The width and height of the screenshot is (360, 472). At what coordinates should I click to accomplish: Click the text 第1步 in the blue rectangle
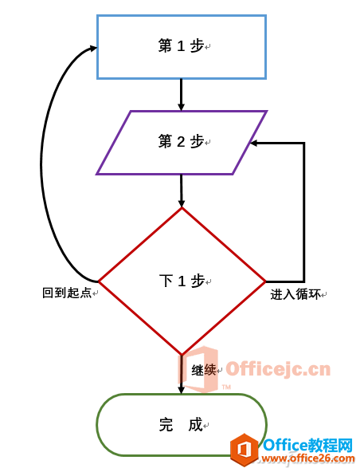click(x=181, y=46)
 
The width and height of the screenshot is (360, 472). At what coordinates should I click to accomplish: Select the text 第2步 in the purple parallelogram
click(x=181, y=141)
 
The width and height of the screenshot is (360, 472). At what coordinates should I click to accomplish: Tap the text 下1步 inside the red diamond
click(x=182, y=281)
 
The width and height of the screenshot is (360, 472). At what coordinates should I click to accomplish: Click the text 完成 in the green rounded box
click(x=181, y=424)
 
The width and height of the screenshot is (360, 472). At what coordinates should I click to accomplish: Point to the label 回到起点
click(x=67, y=293)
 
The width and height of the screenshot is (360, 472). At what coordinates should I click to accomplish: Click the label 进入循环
click(x=295, y=294)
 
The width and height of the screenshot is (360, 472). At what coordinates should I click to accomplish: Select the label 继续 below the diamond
click(x=204, y=370)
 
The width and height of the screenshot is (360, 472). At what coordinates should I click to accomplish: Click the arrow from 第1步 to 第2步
click(x=181, y=95)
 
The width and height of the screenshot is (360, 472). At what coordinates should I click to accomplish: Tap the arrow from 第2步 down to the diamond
click(x=181, y=191)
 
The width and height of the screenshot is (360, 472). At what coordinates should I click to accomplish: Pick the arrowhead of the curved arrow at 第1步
click(x=93, y=48)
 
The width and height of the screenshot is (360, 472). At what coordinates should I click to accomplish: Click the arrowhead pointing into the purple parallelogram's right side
click(x=254, y=144)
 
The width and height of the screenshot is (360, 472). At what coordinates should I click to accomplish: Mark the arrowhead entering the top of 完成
click(x=181, y=390)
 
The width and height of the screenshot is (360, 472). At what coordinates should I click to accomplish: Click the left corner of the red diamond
click(x=99, y=281)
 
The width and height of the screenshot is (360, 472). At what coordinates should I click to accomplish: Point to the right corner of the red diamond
click(x=265, y=281)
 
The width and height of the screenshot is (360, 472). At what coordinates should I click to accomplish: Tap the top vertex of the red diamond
click(x=182, y=208)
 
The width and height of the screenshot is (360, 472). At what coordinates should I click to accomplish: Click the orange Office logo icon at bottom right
click(x=245, y=450)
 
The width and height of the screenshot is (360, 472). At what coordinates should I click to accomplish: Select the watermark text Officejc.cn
click(x=278, y=369)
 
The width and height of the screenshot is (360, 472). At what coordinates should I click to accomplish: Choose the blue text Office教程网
click(x=307, y=445)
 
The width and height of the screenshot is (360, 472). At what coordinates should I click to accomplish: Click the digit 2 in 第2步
click(x=181, y=142)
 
